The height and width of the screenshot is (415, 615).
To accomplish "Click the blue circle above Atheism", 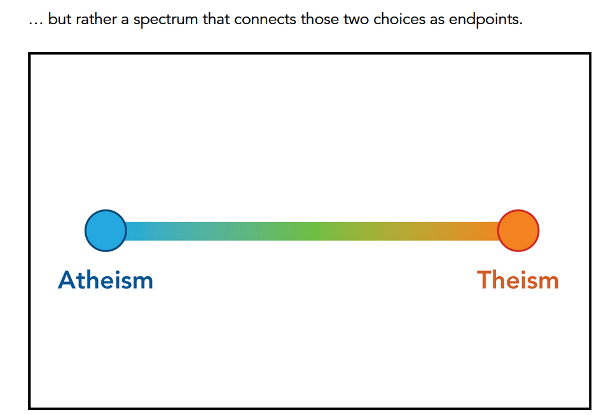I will pyautogui.click(x=106, y=230).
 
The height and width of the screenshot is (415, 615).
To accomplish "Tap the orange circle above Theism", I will pyautogui.click(x=518, y=230).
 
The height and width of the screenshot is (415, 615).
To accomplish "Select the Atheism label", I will pyautogui.click(x=106, y=280).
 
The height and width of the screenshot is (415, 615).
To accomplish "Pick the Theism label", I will pyautogui.click(x=518, y=280).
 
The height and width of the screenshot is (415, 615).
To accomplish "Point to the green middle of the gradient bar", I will pyautogui.click(x=312, y=231).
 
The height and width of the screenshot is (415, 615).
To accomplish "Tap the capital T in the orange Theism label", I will pyautogui.click(x=485, y=280).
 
